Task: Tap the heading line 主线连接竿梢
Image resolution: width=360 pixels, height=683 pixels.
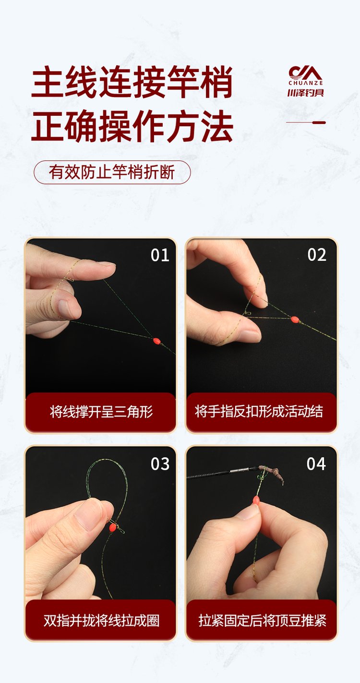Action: [x=132, y=83]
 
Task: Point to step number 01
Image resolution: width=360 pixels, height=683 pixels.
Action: [x=160, y=255]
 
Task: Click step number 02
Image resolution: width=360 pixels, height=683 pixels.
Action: [x=317, y=255]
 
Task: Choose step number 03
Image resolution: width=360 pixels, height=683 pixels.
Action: [x=160, y=463]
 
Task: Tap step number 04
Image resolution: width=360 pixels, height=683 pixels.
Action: [x=316, y=463]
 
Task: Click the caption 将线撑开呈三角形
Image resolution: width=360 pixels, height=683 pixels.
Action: [x=101, y=412]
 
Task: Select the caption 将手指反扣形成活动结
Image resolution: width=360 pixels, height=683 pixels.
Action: [x=262, y=412]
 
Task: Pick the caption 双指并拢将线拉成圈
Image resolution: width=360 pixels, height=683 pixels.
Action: [x=101, y=620]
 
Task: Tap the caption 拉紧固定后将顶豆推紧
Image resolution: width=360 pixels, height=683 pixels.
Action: [x=262, y=620]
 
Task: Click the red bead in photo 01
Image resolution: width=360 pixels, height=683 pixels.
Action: [x=156, y=341]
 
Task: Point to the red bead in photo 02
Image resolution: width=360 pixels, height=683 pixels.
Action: [x=295, y=319]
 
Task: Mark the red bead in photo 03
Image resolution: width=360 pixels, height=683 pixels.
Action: [x=113, y=527]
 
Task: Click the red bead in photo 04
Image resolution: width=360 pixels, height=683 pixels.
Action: [x=256, y=500]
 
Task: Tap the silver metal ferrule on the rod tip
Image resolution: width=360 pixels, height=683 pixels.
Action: [x=237, y=471]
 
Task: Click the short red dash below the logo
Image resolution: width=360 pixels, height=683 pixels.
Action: [x=319, y=122]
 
